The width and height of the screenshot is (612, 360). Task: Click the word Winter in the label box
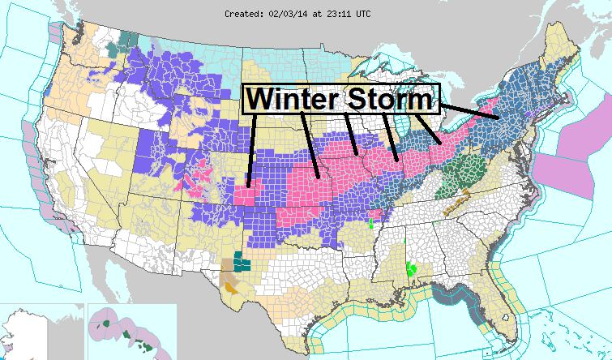point(293,99)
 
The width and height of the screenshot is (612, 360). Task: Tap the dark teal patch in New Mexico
point(242,261)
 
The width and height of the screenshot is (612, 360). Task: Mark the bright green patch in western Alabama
point(412,268)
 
